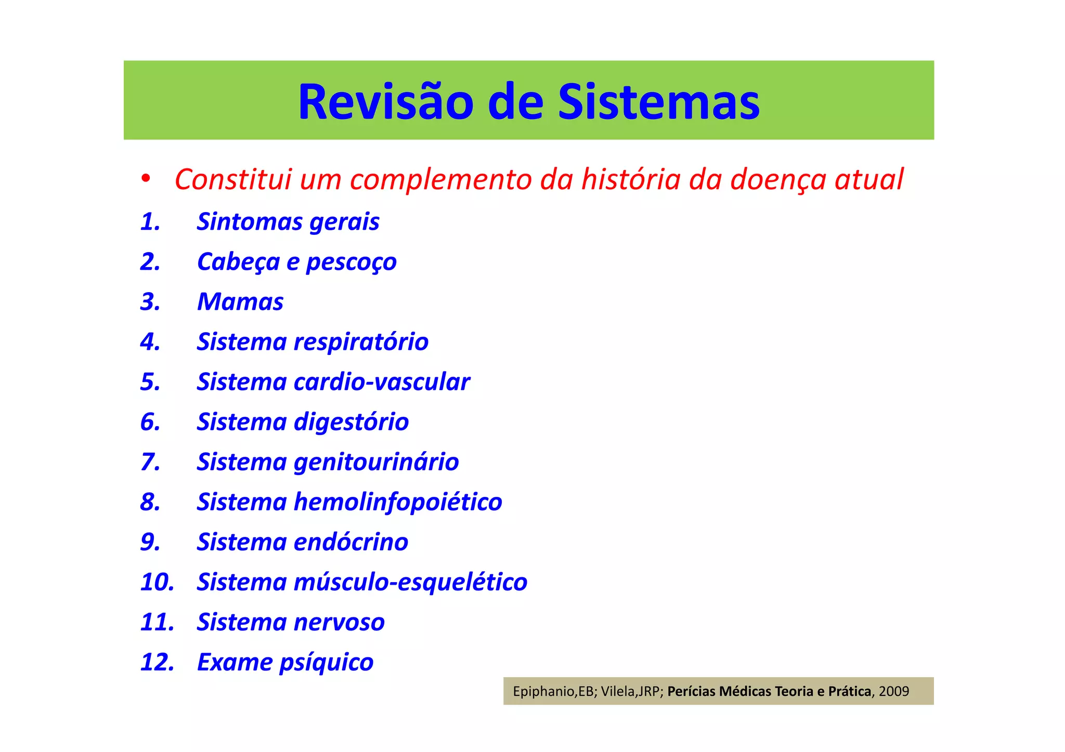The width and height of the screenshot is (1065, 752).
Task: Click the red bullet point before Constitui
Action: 146,179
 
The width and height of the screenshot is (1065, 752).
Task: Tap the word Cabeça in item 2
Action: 238,262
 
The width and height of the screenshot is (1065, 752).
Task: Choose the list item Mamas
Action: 240,302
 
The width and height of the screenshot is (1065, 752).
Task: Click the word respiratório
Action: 361,342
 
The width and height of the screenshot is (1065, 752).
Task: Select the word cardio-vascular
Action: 382,382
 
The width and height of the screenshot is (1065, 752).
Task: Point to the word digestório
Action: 351,422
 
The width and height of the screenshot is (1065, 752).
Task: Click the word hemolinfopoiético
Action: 398,502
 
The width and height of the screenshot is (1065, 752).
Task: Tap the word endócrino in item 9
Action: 350,542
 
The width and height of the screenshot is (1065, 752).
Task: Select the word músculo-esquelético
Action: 410,582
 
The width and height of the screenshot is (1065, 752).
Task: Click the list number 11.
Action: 157,622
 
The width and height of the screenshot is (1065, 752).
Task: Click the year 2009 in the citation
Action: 894,692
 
